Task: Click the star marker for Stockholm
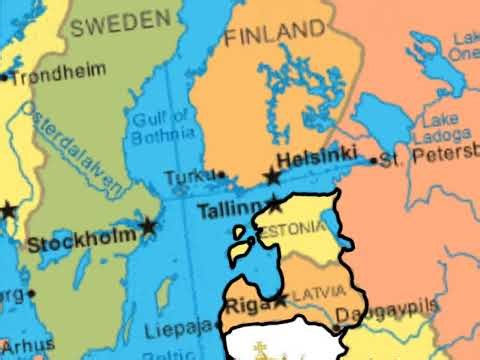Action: pos(149,227)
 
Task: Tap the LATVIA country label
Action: pos(318,297)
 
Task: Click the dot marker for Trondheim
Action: pos(5,76)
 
